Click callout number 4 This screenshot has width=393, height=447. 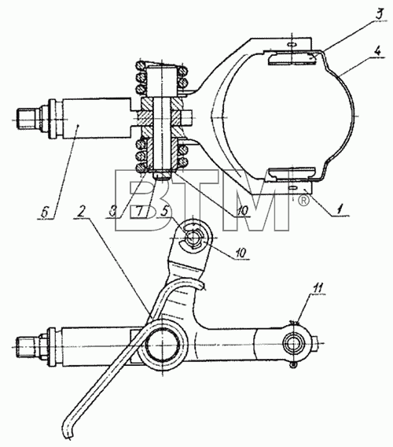[377, 52]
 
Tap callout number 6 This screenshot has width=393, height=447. [44, 212]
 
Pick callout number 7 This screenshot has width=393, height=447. [139, 212]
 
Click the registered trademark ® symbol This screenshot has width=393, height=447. [303, 201]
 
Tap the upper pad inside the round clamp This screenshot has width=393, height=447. [292, 59]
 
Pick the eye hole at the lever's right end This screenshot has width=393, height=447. [291, 345]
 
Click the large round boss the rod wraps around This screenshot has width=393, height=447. [162, 345]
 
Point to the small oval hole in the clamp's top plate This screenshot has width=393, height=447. [292, 44]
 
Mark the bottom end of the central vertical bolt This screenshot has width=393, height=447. [161, 174]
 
